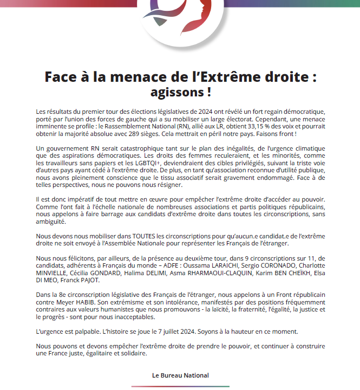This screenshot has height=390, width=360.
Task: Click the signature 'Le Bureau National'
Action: tap(180, 375)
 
